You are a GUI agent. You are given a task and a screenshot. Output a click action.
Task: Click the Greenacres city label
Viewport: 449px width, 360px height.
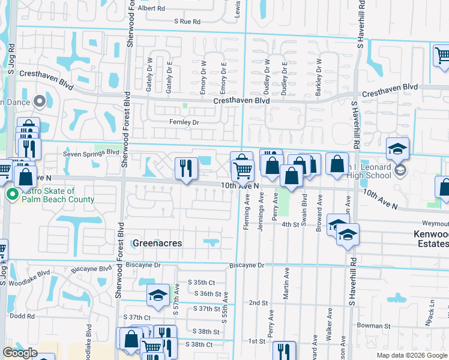[x=156, y=244]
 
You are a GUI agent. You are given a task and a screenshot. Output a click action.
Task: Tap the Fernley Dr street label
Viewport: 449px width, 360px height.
[x=184, y=122]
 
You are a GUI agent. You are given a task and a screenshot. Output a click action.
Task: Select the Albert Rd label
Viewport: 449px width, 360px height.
[x=151, y=8]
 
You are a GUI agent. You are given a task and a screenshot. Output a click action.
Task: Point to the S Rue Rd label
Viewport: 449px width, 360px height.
[x=187, y=21]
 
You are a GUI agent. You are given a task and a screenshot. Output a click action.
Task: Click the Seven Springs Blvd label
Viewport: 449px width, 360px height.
[x=91, y=153]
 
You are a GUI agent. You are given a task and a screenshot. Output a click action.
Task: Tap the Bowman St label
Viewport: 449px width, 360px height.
[x=374, y=326]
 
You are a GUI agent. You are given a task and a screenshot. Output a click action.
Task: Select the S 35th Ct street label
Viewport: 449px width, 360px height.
[x=201, y=282]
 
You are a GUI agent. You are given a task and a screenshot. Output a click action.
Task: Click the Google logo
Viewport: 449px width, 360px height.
[x=20, y=353]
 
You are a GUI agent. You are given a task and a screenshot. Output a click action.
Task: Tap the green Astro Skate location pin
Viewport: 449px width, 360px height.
[x=11, y=194]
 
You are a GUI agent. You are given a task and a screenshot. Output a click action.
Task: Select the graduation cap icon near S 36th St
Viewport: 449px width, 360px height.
[x=158, y=295]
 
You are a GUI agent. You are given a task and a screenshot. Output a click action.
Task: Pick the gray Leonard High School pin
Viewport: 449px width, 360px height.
[x=400, y=171]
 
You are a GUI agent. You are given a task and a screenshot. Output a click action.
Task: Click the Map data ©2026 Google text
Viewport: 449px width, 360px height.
[x=412, y=355]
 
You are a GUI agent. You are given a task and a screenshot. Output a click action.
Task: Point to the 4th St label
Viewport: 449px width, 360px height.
[x=291, y=224]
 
